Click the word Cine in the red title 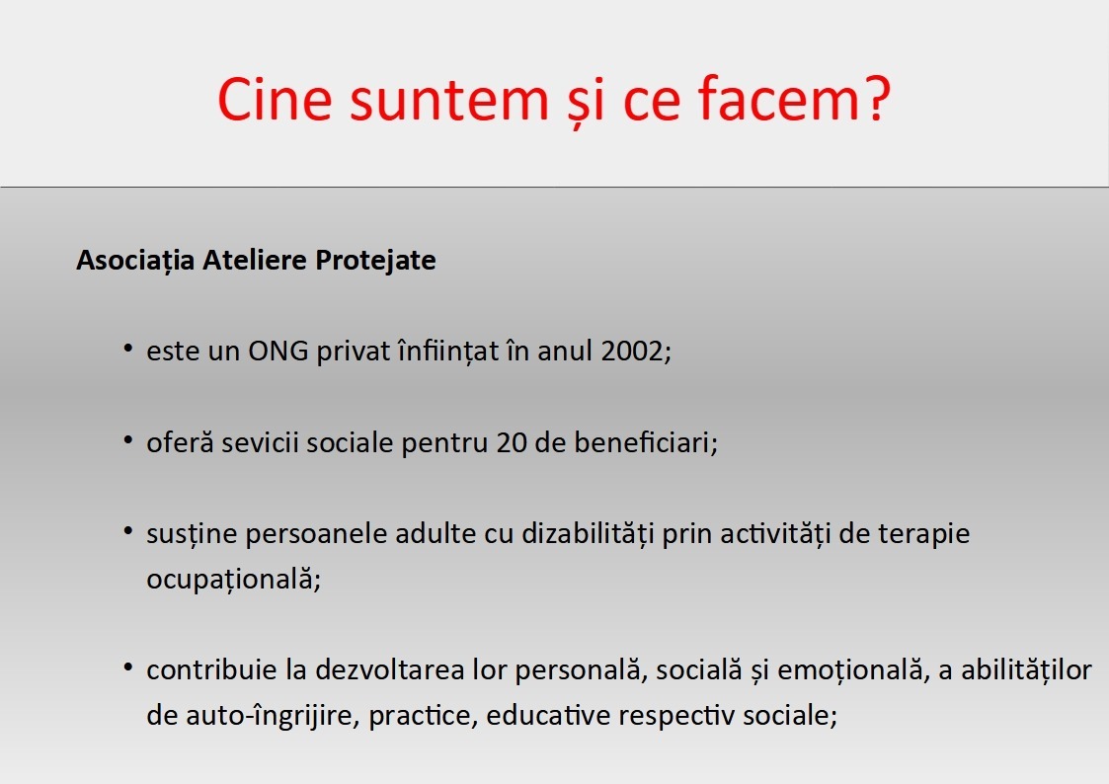[x=276, y=99]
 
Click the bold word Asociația [x=135, y=261]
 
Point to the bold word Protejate [x=375, y=261]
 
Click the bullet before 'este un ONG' [x=128, y=348]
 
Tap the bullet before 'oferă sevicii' [x=128, y=439]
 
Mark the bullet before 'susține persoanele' [x=128, y=530]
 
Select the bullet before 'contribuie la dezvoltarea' [x=128, y=666]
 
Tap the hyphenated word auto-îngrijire [x=273, y=716]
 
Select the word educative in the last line [x=548, y=716]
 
